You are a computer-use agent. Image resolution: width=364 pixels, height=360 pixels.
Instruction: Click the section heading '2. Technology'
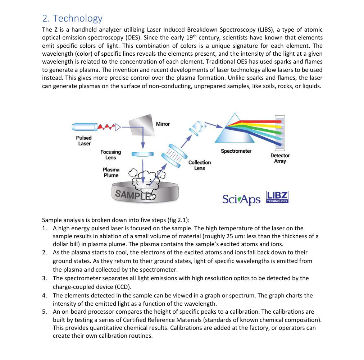pos(72,18)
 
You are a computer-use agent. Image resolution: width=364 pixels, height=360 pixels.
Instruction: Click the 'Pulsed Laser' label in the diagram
pos(84,140)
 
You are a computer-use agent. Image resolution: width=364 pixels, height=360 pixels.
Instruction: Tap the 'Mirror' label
pos(163,124)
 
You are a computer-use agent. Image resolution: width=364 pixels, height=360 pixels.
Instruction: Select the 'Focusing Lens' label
pos(110,155)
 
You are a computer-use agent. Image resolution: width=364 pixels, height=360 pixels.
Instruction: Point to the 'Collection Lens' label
pos(199,165)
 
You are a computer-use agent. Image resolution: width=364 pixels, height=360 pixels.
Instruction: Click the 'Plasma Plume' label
pos(111,172)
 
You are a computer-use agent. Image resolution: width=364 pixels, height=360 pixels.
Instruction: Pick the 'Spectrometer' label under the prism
pos(236,151)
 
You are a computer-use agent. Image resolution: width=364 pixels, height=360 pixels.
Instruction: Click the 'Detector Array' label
pos(280,158)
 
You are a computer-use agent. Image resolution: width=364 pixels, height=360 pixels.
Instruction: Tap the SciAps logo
pos(241,199)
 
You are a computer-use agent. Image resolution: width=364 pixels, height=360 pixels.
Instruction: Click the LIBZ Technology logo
pos(277,197)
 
